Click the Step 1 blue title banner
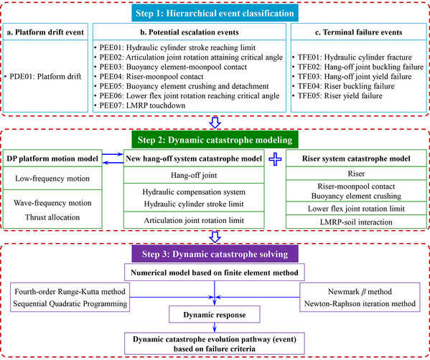pos(215,13)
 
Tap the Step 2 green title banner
pos(215,140)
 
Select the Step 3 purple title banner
pos(215,254)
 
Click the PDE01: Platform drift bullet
pos(43,77)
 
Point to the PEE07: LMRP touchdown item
pos(139,105)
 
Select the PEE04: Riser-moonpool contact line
pos(149,77)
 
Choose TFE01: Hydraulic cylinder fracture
pos(352,57)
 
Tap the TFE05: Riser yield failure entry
pos(337,96)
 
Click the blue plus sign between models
pos(275,159)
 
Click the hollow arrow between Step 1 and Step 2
pos(215,123)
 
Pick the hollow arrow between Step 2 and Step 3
pos(215,237)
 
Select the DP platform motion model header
pos(52,158)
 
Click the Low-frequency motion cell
pos(52,179)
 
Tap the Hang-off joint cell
pos(194,175)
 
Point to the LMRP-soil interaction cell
pos(356,222)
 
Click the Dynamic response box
pos(215,315)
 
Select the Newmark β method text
pos(360,291)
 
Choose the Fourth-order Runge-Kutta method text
pos(70,291)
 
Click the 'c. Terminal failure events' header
pos(359,32)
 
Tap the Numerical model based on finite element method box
pos(215,273)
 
